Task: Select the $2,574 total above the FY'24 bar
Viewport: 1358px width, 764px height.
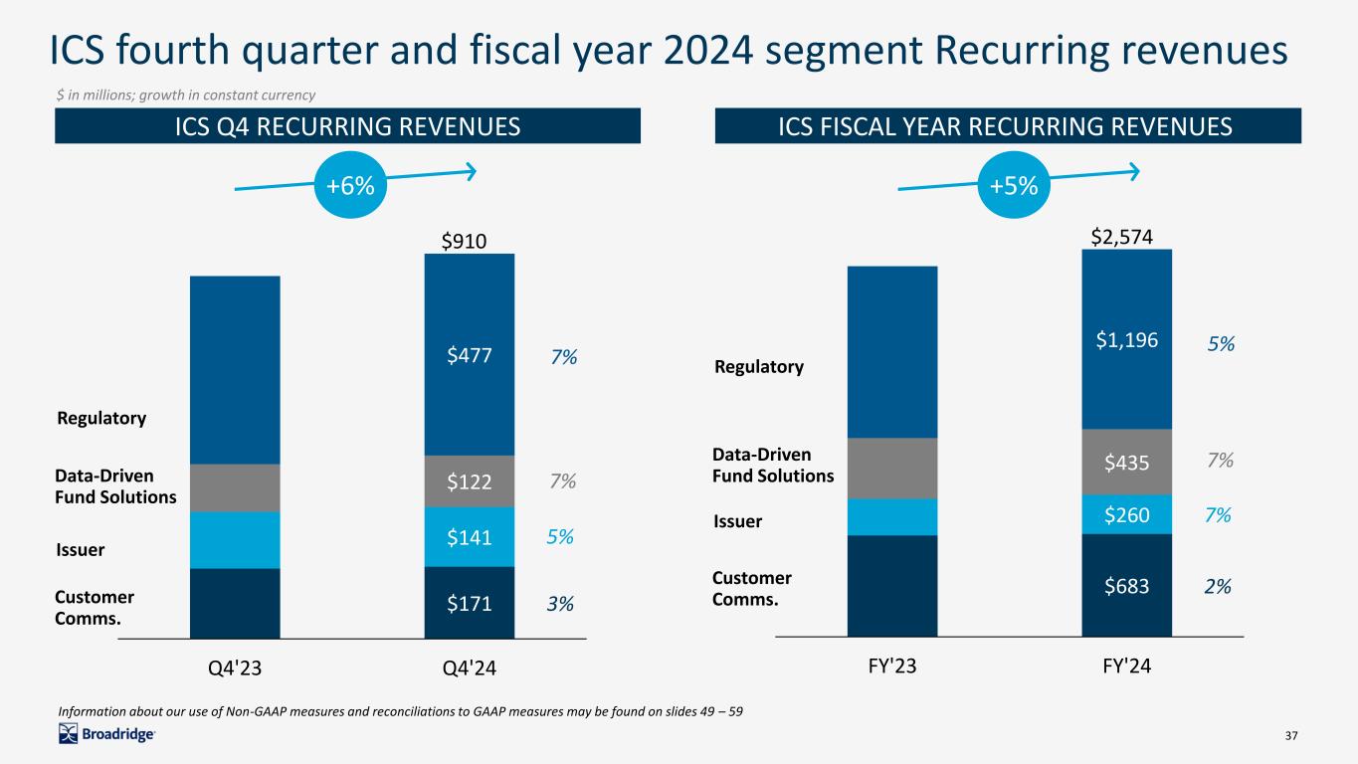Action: coord(1126,235)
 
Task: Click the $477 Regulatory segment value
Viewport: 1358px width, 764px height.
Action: coord(469,355)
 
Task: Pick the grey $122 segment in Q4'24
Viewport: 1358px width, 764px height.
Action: coord(469,481)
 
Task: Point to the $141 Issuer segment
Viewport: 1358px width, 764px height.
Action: coord(469,537)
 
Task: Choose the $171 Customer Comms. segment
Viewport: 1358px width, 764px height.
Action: coord(469,603)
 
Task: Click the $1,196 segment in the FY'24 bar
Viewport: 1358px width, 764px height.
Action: coord(1126,339)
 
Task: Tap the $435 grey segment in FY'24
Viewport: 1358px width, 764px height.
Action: coord(1126,462)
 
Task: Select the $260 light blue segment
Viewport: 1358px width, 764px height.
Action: coord(1126,514)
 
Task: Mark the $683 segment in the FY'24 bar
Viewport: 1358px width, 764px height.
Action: coord(1126,586)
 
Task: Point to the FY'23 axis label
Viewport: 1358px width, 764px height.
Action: coord(891,665)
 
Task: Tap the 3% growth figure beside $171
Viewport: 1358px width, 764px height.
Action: coord(563,603)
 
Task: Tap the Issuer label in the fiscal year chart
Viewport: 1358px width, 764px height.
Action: coord(737,521)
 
